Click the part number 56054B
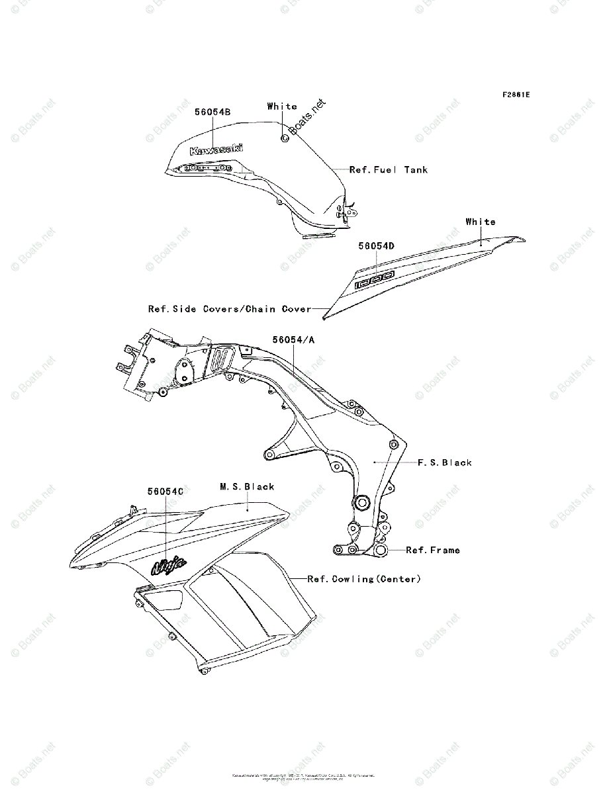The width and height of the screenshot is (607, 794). pos(212,112)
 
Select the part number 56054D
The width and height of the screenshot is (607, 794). pos(377,245)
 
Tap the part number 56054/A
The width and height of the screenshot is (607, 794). pos(294,339)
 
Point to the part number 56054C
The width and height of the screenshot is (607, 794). pos(165,492)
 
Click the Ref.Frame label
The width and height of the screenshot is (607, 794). pos(433,550)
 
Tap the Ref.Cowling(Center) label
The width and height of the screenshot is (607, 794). pos(364,579)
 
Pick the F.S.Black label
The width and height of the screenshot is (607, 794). pos(445,463)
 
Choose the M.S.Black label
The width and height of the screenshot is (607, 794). pos(247,486)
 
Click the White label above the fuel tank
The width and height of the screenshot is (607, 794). pos(282,106)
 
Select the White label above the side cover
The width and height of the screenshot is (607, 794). pos(480,222)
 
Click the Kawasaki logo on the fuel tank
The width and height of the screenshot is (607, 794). pos(216,150)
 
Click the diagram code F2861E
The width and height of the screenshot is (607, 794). pos(516,94)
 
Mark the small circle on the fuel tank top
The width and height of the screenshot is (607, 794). pos(285,138)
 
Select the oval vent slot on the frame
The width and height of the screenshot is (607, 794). pos(221,360)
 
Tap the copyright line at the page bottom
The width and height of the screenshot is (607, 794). pos(303,776)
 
